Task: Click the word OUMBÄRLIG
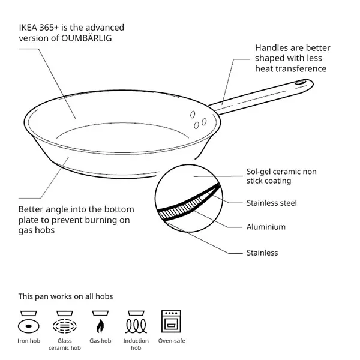pyautogui.click(x=86, y=38)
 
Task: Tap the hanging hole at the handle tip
pyautogui.click(x=301, y=82)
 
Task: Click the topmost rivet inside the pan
pyautogui.click(x=193, y=115)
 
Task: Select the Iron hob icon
pyautogui.click(x=29, y=322)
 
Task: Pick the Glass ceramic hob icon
pyautogui.click(x=65, y=322)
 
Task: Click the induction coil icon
pyautogui.click(x=136, y=322)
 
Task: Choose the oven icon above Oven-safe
pyautogui.click(x=171, y=322)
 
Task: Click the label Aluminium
pyautogui.click(x=266, y=227)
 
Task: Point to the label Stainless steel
pyautogui.click(x=272, y=203)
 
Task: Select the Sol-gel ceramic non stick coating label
pyautogui.click(x=281, y=176)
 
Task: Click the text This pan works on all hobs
pyautogui.click(x=65, y=296)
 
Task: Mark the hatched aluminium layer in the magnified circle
pyautogui.click(x=180, y=208)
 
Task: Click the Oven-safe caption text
pyautogui.click(x=172, y=341)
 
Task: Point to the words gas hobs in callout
pyautogui.click(x=37, y=230)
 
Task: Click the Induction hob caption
pyautogui.click(x=136, y=344)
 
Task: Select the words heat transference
pyautogui.click(x=290, y=68)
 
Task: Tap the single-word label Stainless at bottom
pyautogui.click(x=262, y=253)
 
